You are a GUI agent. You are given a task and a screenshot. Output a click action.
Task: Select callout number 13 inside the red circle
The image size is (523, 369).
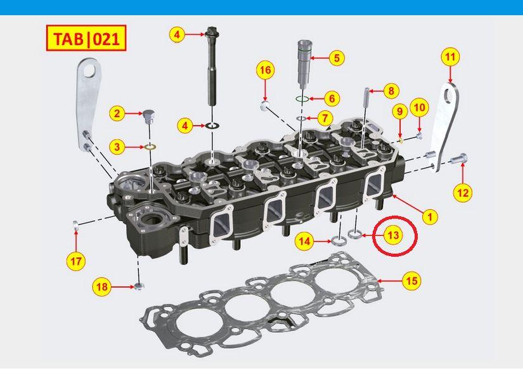point(393,235)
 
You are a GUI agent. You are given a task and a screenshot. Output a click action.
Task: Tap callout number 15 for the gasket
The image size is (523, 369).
point(411,280)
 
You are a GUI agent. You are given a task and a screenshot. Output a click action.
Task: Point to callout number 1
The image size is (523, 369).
point(430,217)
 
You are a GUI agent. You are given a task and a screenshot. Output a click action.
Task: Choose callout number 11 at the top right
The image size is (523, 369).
point(450,56)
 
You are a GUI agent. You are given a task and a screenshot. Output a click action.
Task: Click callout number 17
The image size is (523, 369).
point(75,260)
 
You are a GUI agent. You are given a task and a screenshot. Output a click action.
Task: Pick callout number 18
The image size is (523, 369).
point(102,287)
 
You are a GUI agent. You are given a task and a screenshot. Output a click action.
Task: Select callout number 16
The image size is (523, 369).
point(266,70)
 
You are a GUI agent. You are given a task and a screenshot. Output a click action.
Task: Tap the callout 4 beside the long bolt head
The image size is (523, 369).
point(178,34)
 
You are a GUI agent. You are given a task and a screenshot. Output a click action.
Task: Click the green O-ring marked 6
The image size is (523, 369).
point(302,99)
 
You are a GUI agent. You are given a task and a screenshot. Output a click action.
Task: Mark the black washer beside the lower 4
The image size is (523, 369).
point(212,126)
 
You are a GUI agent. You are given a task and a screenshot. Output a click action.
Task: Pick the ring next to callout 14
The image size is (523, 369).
point(338,240)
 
